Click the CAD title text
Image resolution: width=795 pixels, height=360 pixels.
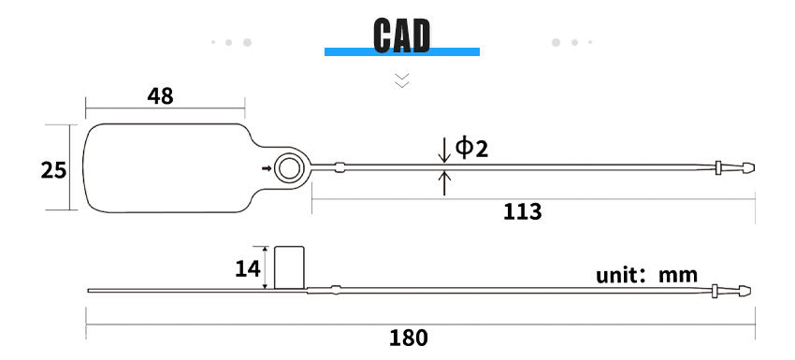pos(401,35)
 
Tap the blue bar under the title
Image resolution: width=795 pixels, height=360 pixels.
pos(402,51)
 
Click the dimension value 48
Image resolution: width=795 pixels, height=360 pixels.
pos(160,95)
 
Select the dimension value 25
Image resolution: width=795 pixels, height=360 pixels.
pos(53,170)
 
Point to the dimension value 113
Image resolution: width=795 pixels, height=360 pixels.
pos(522,212)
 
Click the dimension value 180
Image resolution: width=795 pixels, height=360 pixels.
pos(409,338)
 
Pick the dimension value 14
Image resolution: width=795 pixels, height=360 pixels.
pos(248,268)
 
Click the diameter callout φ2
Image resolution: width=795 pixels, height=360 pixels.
pos(471,148)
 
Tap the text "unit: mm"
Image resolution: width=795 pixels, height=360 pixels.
pos(646,275)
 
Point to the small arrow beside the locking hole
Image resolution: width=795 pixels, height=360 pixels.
pos(267,168)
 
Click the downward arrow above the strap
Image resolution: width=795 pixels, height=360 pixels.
pos(444,151)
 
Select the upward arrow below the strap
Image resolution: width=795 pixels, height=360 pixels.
pos(444,183)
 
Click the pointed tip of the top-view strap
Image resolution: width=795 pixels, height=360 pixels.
pos(754,167)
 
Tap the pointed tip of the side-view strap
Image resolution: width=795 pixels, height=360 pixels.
pos(749,291)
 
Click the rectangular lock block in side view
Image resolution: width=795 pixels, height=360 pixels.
pos(290,267)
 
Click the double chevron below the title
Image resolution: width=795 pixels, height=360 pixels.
pos(402,80)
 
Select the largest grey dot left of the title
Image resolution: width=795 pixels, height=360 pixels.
pos(247,43)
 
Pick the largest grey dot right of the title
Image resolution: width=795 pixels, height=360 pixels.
pos(556,43)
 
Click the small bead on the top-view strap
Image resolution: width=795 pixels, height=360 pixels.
pos(340,167)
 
